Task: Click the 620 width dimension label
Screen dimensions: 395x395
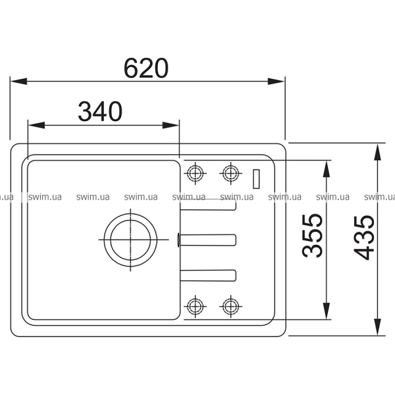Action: point(146,68)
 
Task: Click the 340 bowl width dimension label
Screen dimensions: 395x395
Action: point(100,112)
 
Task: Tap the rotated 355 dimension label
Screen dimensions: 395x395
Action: point(312,236)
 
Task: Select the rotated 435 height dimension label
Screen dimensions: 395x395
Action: point(364,238)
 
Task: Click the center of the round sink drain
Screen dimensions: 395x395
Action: point(130,240)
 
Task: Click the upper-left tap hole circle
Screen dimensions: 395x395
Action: point(196,173)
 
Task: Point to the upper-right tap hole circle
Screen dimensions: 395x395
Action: point(231,173)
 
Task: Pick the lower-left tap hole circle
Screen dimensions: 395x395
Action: point(196,306)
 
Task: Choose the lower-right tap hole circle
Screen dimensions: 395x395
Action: point(231,306)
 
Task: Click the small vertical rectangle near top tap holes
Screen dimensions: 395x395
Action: point(256,179)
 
